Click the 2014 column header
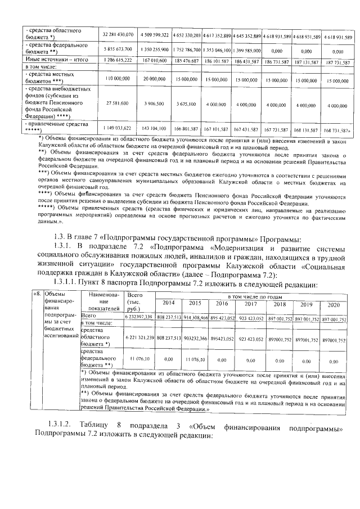[168, 304]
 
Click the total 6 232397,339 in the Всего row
[137, 318]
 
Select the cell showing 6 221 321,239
[137, 339]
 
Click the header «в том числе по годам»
[251, 296]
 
